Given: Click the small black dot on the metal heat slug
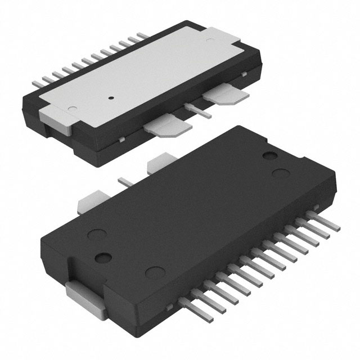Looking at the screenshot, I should click(x=111, y=97).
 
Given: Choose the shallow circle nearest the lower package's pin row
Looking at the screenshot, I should click(x=151, y=273).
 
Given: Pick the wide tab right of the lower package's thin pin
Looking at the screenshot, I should click(x=158, y=163).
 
